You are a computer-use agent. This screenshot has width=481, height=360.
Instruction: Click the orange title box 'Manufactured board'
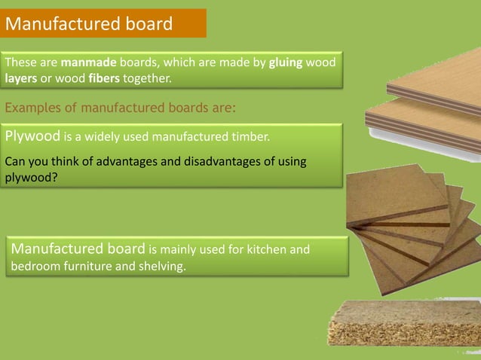click(103, 23)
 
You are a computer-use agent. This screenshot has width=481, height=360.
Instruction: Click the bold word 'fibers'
click(104, 78)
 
